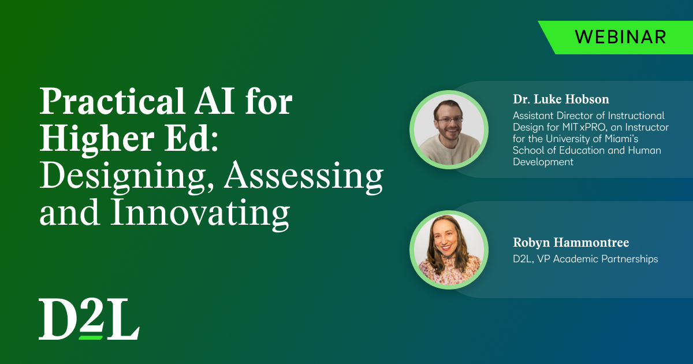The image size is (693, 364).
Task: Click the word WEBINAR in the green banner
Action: tap(620, 38)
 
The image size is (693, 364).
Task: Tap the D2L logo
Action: tap(89, 319)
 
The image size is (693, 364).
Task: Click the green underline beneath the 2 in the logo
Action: tap(91, 337)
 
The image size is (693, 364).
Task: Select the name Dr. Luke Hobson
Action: tap(561, 99)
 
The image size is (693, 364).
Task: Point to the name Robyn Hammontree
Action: tap(571, 242)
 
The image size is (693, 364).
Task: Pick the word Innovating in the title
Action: tap(200, 214)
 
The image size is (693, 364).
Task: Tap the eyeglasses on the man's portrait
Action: tap(449, 120)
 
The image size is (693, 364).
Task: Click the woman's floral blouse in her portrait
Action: tap(449, 272)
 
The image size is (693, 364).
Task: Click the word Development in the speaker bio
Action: tap(543, 162)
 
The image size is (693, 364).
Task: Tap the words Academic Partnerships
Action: tap(605, 259)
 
